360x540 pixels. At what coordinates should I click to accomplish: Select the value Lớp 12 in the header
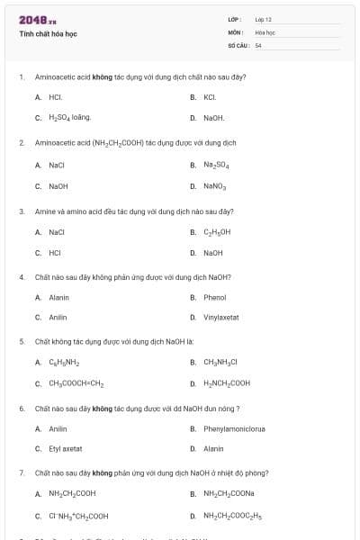(263, 19)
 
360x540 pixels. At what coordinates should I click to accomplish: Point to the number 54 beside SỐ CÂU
(258, 44)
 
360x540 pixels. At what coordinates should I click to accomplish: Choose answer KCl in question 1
(209, 97)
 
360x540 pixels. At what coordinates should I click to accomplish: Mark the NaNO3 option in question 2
(215, 186)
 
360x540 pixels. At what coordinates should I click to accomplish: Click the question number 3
(22, 211)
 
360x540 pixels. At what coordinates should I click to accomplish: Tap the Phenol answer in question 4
(214, 297)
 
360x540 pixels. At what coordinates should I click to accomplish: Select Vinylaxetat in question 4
(221, 318)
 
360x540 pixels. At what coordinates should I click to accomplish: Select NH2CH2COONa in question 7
(229, 493)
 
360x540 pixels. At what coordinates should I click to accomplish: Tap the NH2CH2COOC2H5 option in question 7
(233, 516)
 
